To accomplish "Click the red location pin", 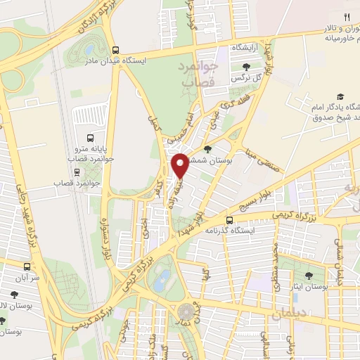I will tap(180, 165).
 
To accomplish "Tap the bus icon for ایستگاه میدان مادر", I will tap(116, 50).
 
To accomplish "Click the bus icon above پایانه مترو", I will tap(89, 137).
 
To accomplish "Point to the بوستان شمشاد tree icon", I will tap(208, 148).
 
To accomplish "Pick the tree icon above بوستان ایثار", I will tap(310, 276).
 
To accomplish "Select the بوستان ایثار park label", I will tap(310, 287).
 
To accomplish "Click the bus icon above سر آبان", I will tap(27, 266).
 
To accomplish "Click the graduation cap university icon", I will tap(341, 96).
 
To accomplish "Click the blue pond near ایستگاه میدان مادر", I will tap(89, 50).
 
